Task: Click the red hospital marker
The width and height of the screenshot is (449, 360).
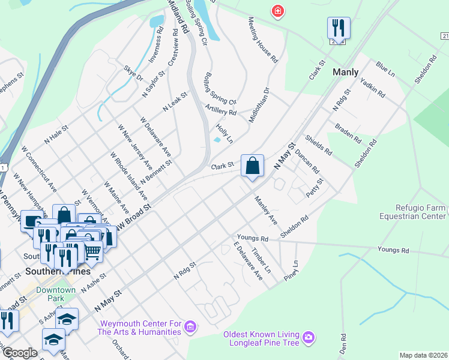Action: [277, 11]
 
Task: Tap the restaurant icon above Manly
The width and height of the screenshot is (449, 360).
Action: [339, 28]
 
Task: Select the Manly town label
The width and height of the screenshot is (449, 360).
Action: [346, 72]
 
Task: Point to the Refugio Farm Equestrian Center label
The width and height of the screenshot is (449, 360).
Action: [414, 211]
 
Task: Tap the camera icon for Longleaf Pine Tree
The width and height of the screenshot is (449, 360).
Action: [309, 338]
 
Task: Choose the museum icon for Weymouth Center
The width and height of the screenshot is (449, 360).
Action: [191, 327]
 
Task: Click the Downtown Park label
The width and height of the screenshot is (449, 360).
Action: [56, 294]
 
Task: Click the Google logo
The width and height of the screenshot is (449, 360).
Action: [19, 353]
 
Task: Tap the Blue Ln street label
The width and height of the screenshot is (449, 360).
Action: [385, 68]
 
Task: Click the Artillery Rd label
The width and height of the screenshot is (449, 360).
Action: [220, 109]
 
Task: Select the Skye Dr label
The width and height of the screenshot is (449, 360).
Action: [133, 73]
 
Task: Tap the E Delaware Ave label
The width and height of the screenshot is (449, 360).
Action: [249, 263]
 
